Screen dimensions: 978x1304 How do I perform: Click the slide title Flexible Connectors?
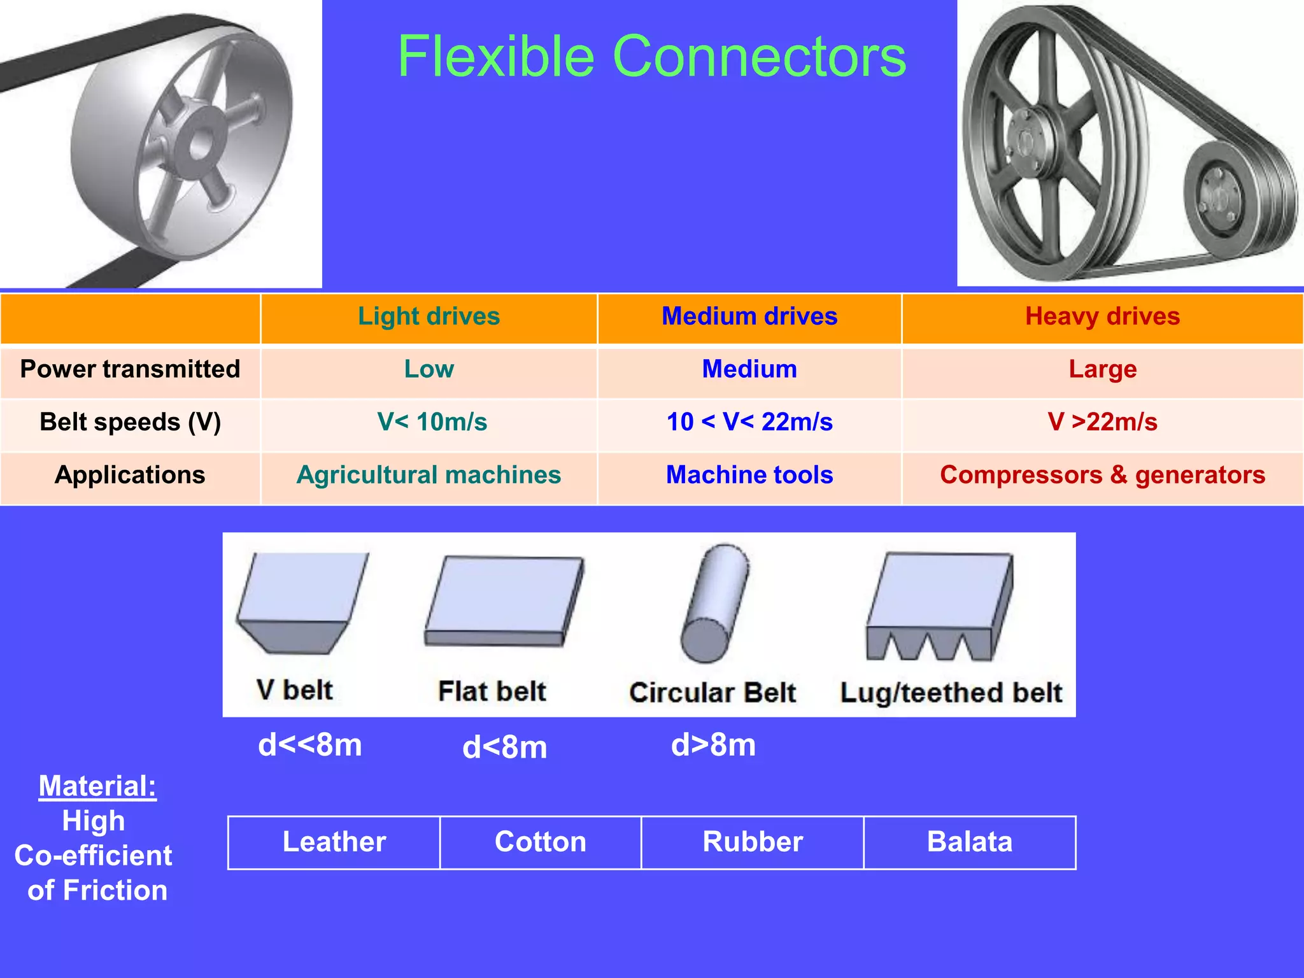[x=651, y=57]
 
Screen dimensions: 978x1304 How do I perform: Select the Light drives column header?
[x=429, y=316]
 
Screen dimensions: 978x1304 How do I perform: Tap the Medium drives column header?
[x=749, y=316]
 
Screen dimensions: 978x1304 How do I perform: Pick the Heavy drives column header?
[x=1102, y=316]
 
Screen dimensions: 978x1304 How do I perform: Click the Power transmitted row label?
[x=130, y=369]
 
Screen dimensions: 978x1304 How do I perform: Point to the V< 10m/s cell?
[x=432, y=422]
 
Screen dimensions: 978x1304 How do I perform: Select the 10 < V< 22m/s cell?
[x=749, y=422]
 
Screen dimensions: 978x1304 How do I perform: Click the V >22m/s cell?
[x=1102, y=422]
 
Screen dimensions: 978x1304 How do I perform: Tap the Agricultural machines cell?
[x=429, y=475]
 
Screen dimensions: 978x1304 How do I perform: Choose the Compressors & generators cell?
[x=1102, y=475]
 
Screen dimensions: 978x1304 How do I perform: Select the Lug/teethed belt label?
[x=951, y=693]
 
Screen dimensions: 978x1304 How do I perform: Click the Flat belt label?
[x=492, y=691]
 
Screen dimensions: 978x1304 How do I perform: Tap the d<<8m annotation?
[x=309, y=744]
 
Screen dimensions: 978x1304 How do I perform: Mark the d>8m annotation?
[x=713, y=744]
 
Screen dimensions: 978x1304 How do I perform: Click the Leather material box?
[x=334, y=842]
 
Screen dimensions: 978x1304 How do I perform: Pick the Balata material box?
[x=969, y=842]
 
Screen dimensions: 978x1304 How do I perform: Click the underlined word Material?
[x=97, y=786]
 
